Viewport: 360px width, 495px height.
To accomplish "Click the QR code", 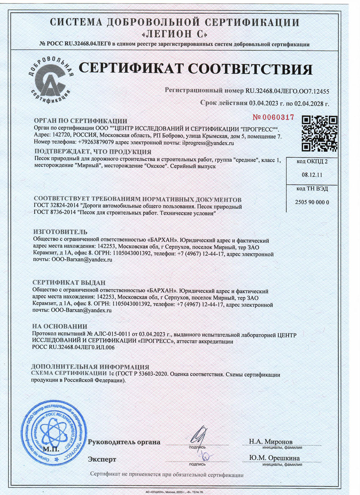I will click(319, 133).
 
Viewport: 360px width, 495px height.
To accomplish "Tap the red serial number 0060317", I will click(274, 117).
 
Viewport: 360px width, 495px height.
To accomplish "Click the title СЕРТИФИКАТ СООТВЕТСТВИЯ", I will click(195, 69).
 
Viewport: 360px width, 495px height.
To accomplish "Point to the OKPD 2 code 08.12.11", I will click(312, 175).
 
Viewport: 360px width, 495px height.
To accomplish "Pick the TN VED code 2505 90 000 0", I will click(312, 202).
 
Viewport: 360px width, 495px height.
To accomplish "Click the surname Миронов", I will click(278, 441).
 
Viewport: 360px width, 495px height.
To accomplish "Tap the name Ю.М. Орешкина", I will click(274, 458).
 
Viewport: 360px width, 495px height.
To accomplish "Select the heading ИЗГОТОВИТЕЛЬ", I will click(60, 232).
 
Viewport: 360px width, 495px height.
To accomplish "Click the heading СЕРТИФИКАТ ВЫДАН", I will click(69, 283).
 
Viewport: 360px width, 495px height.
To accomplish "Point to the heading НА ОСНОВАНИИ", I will click(60, 327).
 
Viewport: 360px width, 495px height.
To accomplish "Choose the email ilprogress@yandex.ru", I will click(208, 143).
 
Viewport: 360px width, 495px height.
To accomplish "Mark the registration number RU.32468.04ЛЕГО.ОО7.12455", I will click(287, 91).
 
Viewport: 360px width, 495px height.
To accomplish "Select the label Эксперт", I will click(102, 459).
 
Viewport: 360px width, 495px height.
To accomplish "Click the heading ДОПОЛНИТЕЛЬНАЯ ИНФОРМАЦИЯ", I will click(90, 367).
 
